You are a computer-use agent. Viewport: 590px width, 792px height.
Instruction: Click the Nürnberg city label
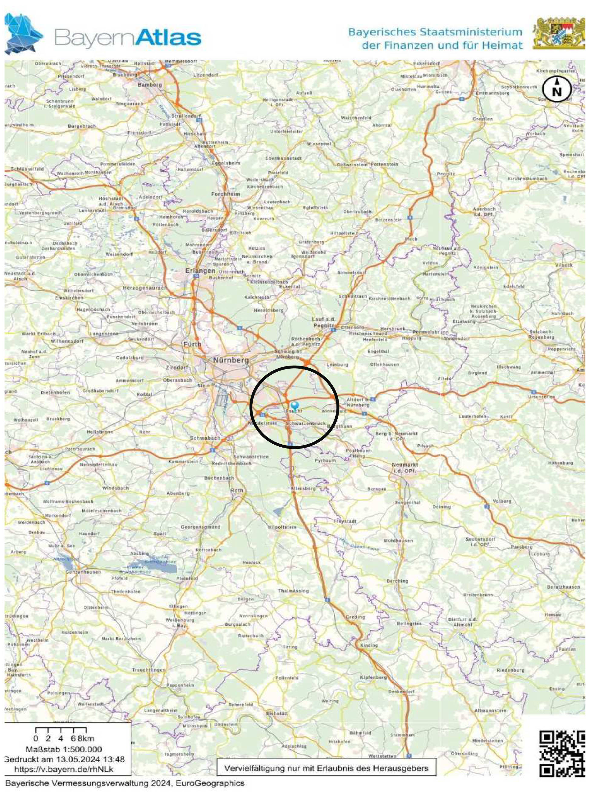[x=231, y=360]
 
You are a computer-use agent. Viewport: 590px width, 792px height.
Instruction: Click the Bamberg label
[x=150, y=85]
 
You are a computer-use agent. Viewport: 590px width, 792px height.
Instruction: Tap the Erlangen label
[x=200, y=271]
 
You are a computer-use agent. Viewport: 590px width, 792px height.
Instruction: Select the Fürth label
[x=192, y=344]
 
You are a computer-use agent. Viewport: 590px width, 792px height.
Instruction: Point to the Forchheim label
[x=225, y=194]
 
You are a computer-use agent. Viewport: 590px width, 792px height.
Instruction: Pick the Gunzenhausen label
[x=83, y=572]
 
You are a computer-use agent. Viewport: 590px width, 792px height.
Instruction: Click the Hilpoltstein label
[x=282, y=527]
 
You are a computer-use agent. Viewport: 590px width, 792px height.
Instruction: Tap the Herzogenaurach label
[x=145, y=288]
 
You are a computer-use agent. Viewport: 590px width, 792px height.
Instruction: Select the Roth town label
[x=237, y=491]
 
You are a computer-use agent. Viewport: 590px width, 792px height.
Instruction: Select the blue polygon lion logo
[x=23, y=35]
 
